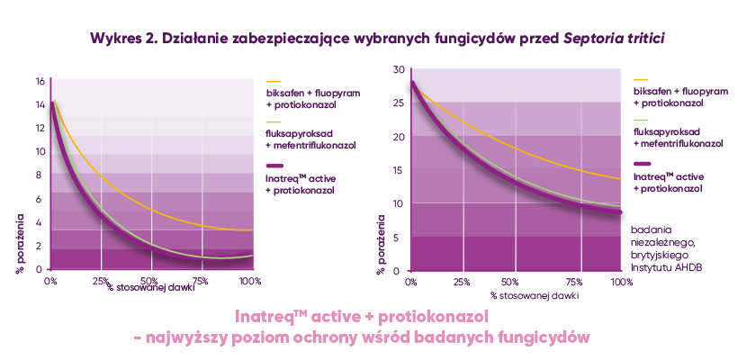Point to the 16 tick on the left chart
click(x=39, y=81)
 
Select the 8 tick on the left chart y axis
click(x=40, y=175)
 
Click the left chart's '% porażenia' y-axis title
click(x=20, y=242)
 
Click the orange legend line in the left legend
click(x=274, y=81)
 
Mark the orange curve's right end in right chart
click(x=621, y=179)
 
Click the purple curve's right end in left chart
click(x=251, y=256)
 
